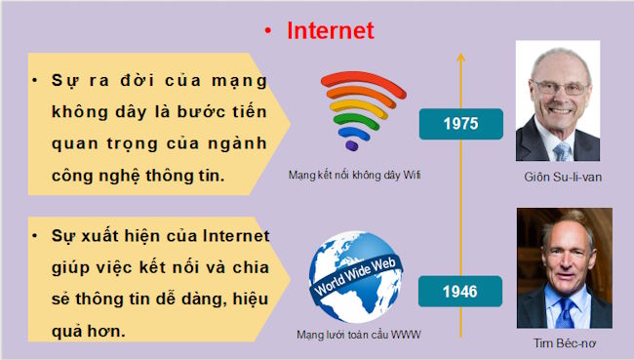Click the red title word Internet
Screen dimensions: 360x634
pos(330,30)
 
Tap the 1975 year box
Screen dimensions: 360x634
pos(460,123)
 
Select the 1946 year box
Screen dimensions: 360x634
pos(460,291)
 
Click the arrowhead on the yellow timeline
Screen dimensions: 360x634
pos(461,57)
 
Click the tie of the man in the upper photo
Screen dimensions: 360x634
pos(563,149)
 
